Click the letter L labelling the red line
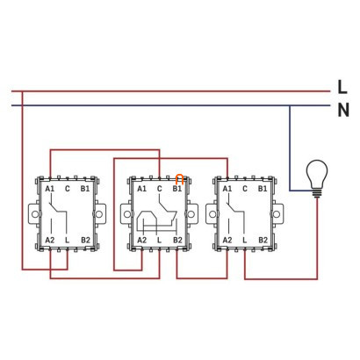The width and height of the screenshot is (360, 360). click(x=342, y=87)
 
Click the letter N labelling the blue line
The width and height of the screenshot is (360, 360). click(x=343, y=110)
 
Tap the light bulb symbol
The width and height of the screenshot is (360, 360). click(x=317, y=178)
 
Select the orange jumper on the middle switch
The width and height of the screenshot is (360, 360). click(x=179, y=179)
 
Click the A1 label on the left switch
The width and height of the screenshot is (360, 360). click(x=50, y=189)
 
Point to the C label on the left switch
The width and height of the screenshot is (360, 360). click(x=68, y=189)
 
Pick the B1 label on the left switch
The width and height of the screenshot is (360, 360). click(x=85, y=189)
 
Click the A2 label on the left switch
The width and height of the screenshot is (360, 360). click(x=50, y=240)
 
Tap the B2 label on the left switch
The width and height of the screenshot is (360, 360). click(x=85, y=240)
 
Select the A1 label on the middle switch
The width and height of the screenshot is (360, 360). click(x=141, y=189)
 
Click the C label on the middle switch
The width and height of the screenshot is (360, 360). click(x=159, y=189)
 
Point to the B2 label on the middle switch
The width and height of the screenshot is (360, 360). click(x=177, y=240)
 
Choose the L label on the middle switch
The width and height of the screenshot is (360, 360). click(x=159, y=240)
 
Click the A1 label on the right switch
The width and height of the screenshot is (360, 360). click(x=227, y=189)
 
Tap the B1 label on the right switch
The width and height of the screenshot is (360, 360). click(x=263, y=189)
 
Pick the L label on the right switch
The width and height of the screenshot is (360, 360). click(x=245, y=240)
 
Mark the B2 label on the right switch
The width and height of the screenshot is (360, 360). click(x=263, y=240)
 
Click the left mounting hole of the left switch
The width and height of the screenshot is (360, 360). click(x=35, y=214)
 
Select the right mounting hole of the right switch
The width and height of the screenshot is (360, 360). click(x=277, y=214)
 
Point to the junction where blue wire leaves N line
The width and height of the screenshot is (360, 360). click(x=290, y=105)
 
